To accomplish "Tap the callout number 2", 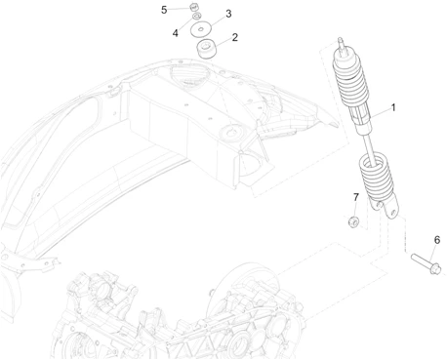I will click(235, 38).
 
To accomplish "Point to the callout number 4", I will click(176, 32).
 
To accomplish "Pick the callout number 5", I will click(165, 9).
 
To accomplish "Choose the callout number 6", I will click(436, 239).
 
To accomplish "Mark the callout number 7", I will click(356, 198).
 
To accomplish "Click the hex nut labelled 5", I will click(193, 11).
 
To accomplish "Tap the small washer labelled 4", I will click(198, 20).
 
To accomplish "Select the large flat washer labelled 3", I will click(202, 30).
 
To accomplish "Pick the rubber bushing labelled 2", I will click(206, 49).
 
